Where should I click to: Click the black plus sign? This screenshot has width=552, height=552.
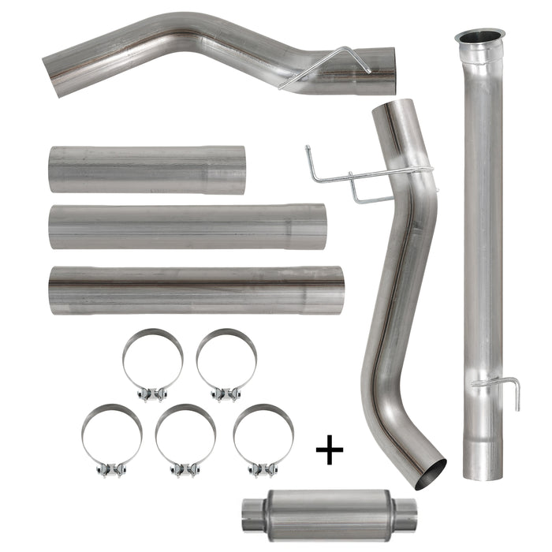tap(330, 451)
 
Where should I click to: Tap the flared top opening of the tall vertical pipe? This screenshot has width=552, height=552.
tap(479, 37)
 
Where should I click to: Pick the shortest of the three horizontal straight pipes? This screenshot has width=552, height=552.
tap(147, 169)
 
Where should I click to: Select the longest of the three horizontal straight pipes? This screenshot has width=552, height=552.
tap(196, 289)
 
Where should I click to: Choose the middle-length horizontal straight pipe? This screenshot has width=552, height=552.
tap(187, 227)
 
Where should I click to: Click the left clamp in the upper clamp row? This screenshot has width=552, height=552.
tap(153, 362)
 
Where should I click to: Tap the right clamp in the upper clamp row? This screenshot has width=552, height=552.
tap(226, 362)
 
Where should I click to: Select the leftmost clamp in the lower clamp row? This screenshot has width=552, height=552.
tap(112, 438)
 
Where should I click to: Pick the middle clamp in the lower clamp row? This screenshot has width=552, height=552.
tap(186, 438)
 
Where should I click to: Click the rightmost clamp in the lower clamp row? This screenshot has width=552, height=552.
tap(263, 438)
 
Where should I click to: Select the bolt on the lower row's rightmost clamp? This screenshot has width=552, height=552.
tap(262, 471)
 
